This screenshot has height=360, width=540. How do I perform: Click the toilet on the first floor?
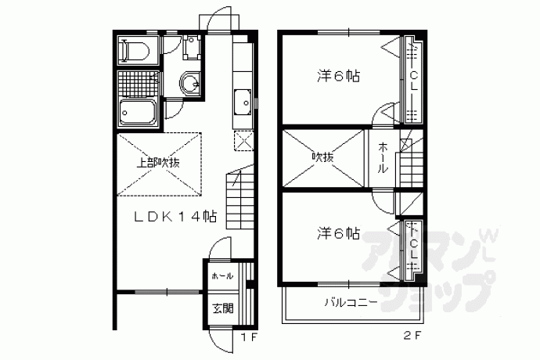click(x=135, y=51)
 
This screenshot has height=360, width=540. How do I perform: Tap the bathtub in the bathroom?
click(x=138, y=113)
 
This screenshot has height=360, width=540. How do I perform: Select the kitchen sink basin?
click(x=243, y=103)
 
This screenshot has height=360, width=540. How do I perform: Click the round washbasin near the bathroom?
click(x=189, y=83)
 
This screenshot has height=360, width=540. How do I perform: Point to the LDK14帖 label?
click(x=175, y=217)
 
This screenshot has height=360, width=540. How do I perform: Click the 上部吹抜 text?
click(x=158, y=163)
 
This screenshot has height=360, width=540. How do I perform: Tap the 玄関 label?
click(x=223, y=308)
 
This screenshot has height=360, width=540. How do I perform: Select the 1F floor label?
click(x=249, y=337)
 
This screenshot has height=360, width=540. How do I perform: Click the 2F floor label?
click(x=412, y=335)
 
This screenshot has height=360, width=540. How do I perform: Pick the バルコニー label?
click(x=351, y=303)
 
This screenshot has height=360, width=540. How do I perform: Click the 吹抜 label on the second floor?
click(x=322, y=157)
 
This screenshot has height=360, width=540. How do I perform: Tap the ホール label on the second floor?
click(x=383, y=157)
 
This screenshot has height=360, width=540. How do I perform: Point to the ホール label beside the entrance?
click(x=222, y=276)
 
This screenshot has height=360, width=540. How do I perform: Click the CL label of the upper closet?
click(x=414, y=81)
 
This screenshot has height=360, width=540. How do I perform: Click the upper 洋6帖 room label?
click(x=339, y=76)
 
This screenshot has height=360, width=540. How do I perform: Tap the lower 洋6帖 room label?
click(x=339, y=234)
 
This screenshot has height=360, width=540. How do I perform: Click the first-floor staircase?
click(x=239, y=200)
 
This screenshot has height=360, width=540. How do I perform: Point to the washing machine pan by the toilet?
click(x=192, y=46)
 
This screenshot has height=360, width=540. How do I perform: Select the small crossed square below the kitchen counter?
click(x=244, y=141)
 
